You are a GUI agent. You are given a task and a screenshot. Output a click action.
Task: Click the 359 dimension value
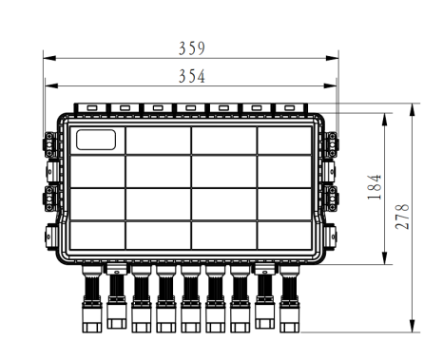click(x=192, y=48)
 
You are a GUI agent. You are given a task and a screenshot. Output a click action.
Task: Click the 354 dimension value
click(x=192, y=76)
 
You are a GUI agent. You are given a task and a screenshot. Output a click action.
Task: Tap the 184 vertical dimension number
click(x=375, y=187)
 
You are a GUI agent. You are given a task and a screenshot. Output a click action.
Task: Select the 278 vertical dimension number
click(x=402, y=217)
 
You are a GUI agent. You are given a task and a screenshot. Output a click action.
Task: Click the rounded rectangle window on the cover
click(x=96, y=140)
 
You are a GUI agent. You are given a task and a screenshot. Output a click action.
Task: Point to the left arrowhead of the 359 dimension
click(x=49, y=58)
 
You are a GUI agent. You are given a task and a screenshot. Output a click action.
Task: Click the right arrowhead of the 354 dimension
click(x=330, y=85)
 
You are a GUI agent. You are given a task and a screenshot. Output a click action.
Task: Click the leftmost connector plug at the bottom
click(x=92, y=299)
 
